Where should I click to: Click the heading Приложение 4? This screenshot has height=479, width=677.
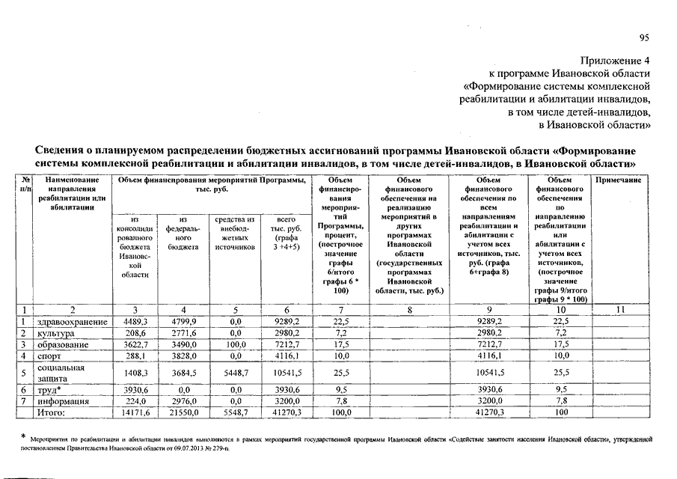pos(616,60)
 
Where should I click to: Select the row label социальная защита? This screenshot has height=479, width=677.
pos(62,373)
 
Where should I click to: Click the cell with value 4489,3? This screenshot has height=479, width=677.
pos(135,322)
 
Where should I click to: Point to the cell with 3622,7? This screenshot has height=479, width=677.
pos(135,344)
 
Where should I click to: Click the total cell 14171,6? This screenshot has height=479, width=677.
pos(135,412)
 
